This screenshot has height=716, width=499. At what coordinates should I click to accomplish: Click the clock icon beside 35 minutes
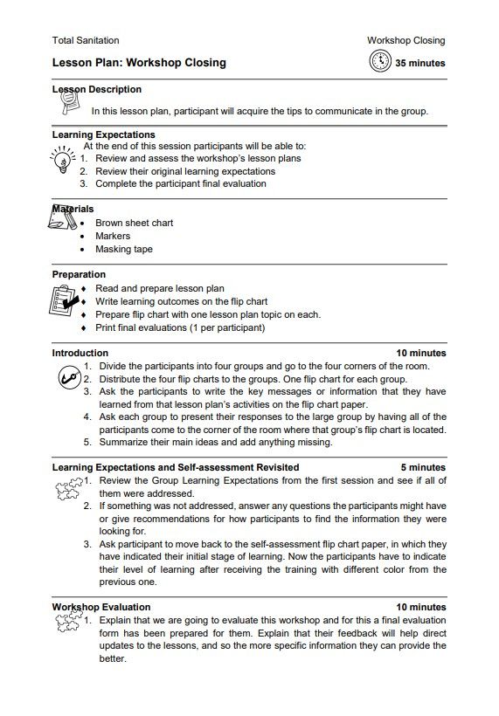(380, 62)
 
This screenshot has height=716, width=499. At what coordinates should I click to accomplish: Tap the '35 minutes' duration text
(419, 63)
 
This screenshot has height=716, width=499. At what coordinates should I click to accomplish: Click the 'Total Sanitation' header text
(86, 40)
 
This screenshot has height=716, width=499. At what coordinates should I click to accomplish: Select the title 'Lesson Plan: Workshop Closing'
(139, 63)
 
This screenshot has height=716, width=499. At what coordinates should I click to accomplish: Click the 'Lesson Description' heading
(97, 90)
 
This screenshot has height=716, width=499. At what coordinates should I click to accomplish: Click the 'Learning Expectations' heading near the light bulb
(103, 135)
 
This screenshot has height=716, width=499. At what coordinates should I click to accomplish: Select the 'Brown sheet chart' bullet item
(134, 223)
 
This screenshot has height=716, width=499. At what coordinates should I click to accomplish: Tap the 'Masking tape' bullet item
(123, 249)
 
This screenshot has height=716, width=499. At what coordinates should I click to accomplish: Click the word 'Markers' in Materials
(113, 236)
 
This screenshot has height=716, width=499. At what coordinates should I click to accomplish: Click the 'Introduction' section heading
(80, 353)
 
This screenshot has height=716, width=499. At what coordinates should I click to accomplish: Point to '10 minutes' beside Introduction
(420, 353)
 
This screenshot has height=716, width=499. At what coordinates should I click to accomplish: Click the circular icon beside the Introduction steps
(67, 377)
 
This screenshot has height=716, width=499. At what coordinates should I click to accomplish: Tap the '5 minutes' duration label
(423, 467)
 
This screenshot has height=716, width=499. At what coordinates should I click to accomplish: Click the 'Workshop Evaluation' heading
(100, 607)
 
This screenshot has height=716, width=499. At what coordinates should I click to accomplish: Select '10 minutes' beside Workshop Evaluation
(420, 607)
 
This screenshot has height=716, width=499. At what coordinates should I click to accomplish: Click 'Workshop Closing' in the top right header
(405, 40)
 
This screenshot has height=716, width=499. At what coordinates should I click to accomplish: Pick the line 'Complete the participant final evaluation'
(180, 184)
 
